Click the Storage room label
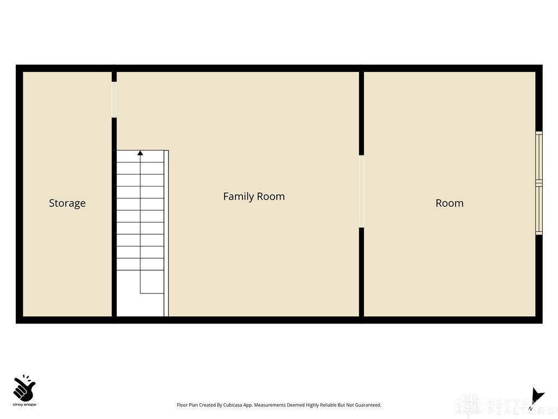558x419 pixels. coord(67,203)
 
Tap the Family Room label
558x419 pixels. coord(254,196)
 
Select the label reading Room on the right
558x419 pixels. coord(450,203)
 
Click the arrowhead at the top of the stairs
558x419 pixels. coord(140,153)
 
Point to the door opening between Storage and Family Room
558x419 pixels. coord(114,99)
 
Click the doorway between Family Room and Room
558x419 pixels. coord(361,191)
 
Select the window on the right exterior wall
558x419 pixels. coord(538,183)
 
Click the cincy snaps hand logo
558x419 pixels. coord(24,388)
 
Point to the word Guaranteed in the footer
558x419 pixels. coord(368,405)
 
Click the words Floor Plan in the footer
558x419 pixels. coord(188,405)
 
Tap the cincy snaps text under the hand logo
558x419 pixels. coord(24,405)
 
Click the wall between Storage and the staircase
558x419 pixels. coord(114,218)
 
